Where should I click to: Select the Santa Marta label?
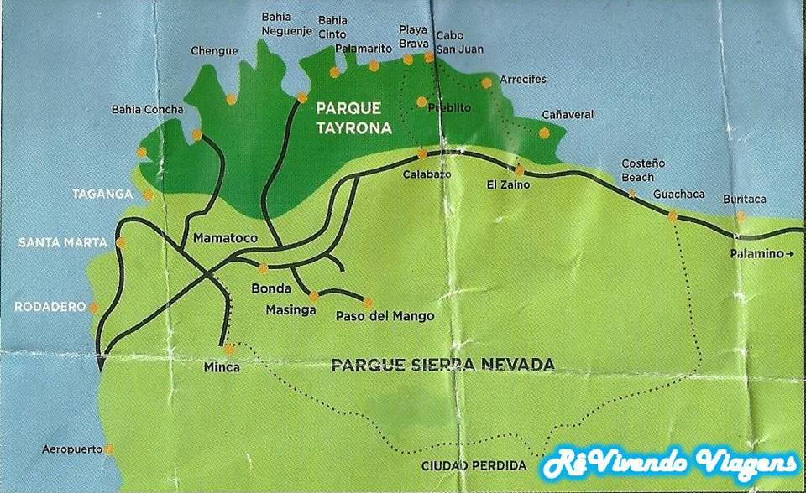[x=62, y=243]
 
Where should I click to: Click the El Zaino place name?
[x=508, y=184]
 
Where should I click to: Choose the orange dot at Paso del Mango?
[x=367, y=302]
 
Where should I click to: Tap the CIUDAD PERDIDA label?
[x=474, y=466]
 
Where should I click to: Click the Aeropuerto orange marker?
[x=110, y=450]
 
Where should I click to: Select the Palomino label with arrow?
[x=762, y=253]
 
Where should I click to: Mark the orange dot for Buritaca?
[x=741, y=216]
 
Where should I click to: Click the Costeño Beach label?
[x=637, y=172]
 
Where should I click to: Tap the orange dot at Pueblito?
[x=421, y=102]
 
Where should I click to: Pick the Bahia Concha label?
[x=147, y=110]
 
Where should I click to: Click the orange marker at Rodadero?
[x=94, y=308]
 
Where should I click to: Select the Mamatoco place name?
[x=225, y=238]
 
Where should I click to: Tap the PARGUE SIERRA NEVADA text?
[x=442, y=365]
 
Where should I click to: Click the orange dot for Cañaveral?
[x=544, y=132]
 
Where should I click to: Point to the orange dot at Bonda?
[x=264, y=268]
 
